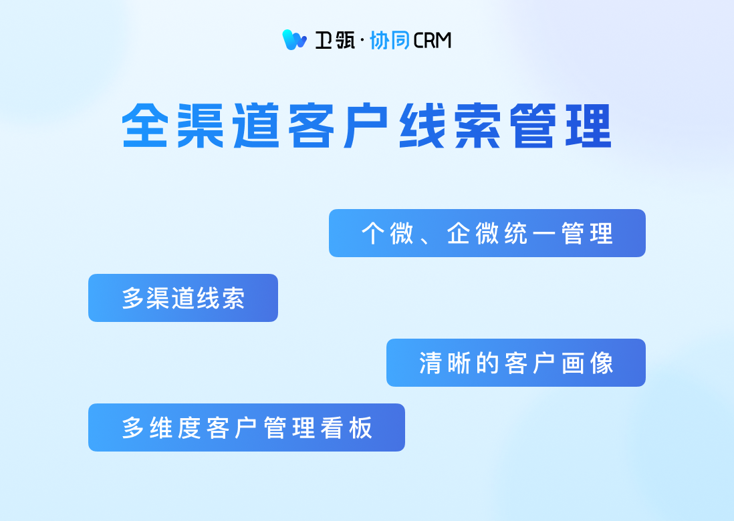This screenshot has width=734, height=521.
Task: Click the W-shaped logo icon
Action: tap(294, 40)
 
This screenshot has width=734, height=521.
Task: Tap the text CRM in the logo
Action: tap(432, 41)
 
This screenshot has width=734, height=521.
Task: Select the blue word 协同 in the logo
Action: tap(390, 40)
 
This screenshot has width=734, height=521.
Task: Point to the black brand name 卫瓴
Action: tap(335, 40)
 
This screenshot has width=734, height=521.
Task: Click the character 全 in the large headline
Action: tap(145, 126)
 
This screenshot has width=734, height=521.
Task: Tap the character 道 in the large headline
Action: tap(256, 126)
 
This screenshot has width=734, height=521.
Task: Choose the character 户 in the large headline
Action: tap(366, 126)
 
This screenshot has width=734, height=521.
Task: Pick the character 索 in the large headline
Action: tap(477, 126)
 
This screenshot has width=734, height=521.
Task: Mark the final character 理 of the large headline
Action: tap(588, 126)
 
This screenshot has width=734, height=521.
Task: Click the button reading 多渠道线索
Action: tap(183, 298)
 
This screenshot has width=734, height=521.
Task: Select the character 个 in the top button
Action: tap(373, 233)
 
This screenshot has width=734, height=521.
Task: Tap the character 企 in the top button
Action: tap(459, 233)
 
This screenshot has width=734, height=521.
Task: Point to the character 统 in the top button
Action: tap(516, 233)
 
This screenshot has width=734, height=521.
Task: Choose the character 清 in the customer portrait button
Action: tap(431, 363)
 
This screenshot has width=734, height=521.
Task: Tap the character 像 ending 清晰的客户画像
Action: tap(602, 363)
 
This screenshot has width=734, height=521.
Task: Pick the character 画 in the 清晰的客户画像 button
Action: tap(573, 363)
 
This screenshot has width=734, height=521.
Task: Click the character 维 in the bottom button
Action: tap(161, 427)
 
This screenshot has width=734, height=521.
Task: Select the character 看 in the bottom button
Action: tap(332, 427)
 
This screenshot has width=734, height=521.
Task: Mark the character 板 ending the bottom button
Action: tap(360, 427)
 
